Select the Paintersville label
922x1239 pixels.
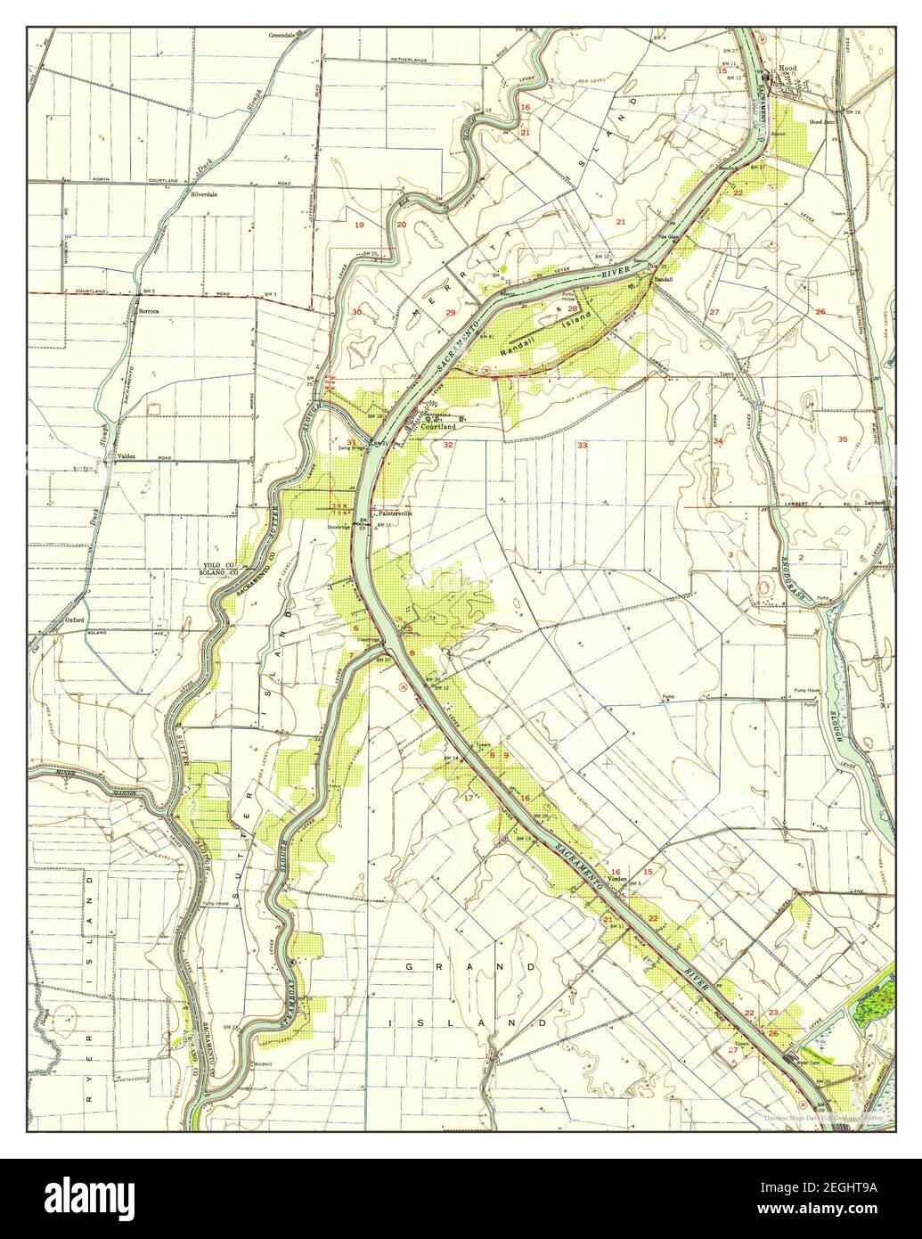click(397, 513)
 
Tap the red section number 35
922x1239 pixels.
click(843, 439)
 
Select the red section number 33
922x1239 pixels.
click(582, 444)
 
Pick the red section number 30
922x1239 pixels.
click(356, 312)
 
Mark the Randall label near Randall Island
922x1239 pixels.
click(663, 279)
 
